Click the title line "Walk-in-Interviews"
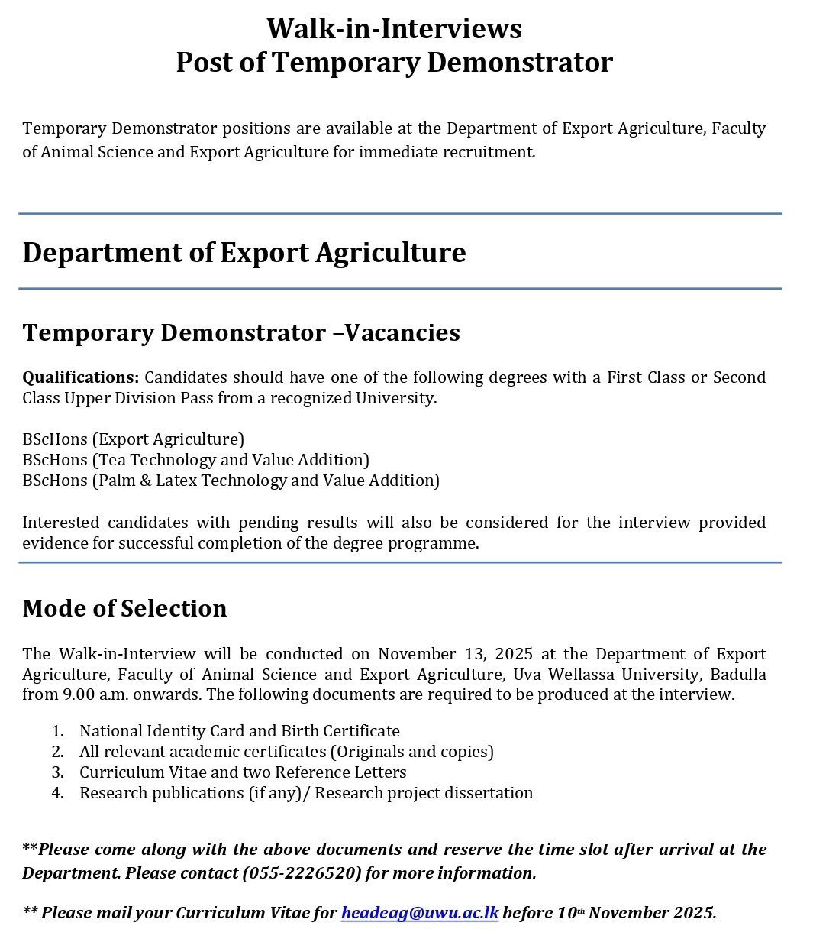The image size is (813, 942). [394, 29]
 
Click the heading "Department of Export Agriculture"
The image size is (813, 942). [244, 253]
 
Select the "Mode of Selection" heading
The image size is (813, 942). [124, 608]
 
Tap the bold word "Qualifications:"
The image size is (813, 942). [80, 377]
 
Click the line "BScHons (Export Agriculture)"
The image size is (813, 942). [133, 439]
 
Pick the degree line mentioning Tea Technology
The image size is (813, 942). [195, 460]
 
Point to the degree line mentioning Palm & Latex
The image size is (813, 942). [231, 481]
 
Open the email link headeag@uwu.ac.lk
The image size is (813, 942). [419, 913]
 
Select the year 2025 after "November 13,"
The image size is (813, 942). [514, 654]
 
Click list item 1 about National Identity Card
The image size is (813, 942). [239, 731]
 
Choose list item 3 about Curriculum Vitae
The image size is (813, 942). [243, 772]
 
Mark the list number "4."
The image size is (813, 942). [58, 793]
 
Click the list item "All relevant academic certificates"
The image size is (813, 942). [286, 752]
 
